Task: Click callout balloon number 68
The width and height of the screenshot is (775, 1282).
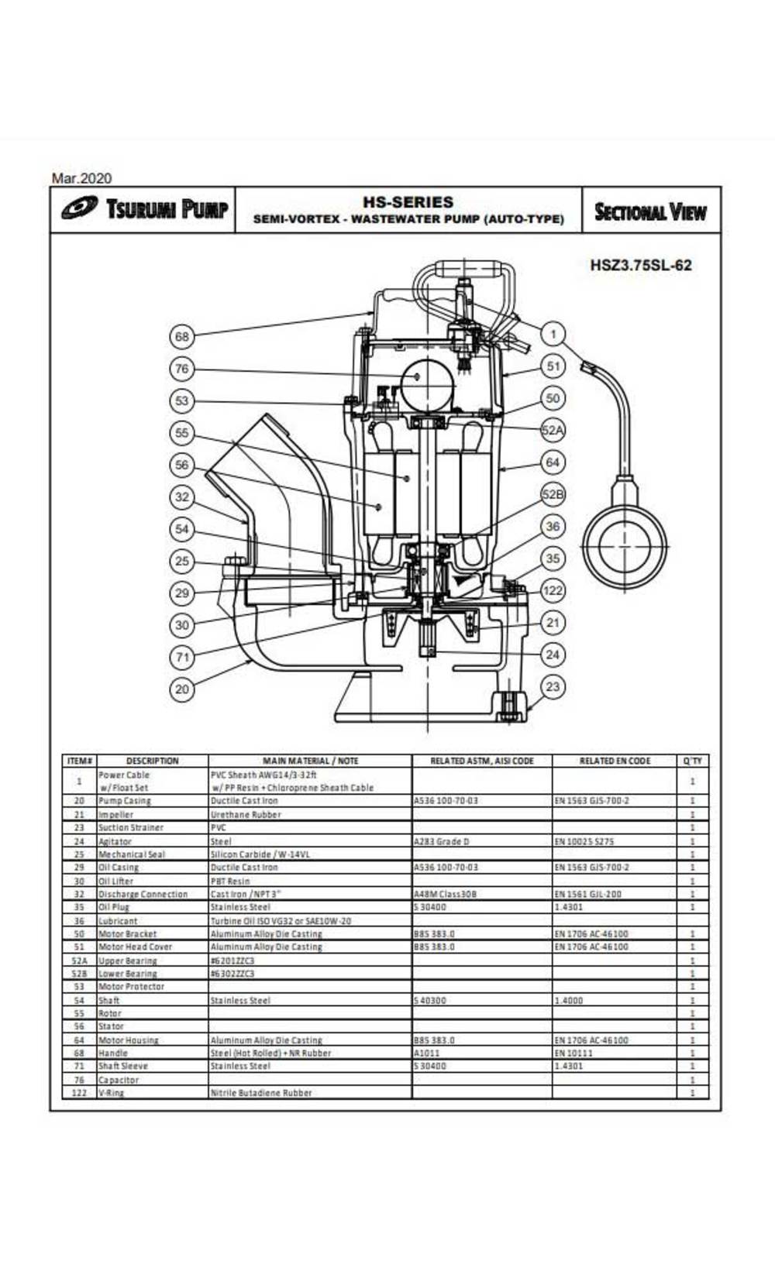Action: pyautogui.click(x=182, y=336)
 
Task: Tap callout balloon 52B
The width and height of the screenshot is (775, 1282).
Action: pyautogui.click(x=553, y=494)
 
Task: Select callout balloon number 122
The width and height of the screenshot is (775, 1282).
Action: pyautogui.click(x=553, y=590)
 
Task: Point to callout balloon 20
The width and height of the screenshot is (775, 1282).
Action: pyautogui.click(x=182, y=689)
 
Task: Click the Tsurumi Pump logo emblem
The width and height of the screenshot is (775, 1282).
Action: pyautogui.click(x=79, y=209)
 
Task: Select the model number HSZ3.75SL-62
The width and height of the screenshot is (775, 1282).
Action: pyautogui.click(x=640, y=265)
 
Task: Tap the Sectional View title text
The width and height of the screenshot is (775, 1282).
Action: pyautogui.click(x=649, y=211)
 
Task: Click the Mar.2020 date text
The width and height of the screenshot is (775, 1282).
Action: pyautogui.click(x=81, y=178)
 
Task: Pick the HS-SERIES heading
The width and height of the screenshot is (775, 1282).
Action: pyautogui.click(x=408, y=202)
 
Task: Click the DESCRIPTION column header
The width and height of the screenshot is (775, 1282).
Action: pyautogui.click(x=152, y=761)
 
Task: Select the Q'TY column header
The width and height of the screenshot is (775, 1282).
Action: pyautogui.click(x=692, y=761)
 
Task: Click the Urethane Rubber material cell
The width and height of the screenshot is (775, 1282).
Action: pyautogui.click(x=246, y=814)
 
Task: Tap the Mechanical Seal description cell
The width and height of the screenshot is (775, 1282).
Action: pyautogui.click(x=132, y=854)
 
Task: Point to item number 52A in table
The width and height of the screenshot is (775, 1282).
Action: pyautogui.click(x=78, y=961)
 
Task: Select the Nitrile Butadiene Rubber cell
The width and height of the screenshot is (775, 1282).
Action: pyautogui.click(x=261, y=1092)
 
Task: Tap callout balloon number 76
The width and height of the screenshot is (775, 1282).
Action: pyautogui.click(x=182, y=369)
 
